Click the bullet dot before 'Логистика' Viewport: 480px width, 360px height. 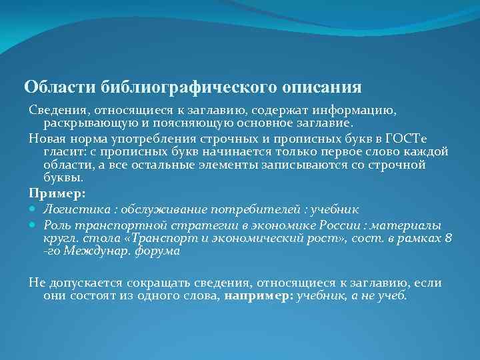pyautogui.click(x=34, y=208)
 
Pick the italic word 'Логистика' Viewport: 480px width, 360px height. pyautogui.click(x=73, y=208)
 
